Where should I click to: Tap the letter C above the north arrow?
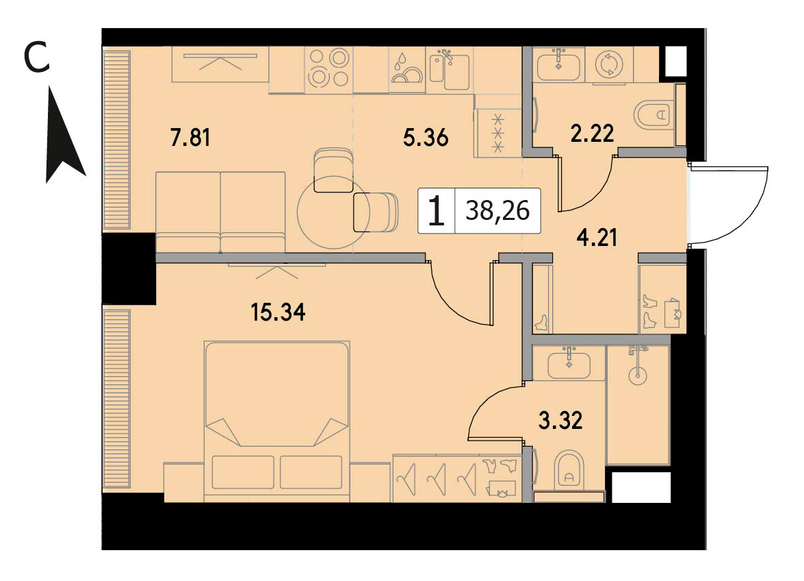pos(38,57)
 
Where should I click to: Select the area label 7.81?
pos(190,138)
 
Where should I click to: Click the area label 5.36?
pos(426,138)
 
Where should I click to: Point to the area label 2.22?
pos(593,134)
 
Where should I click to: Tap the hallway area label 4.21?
pos(597,238)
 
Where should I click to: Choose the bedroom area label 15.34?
pos(278,312)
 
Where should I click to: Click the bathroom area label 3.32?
pos(560,421)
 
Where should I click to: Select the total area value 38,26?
pos(497,210)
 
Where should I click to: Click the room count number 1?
pos(436,211)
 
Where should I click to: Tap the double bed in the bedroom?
pos(277,421)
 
